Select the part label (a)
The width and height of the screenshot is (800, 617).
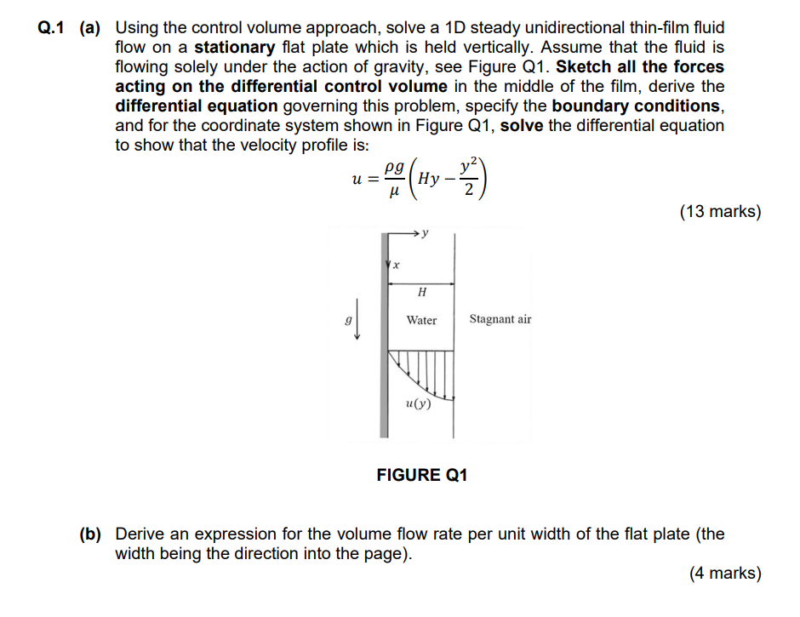[x=92, y=28]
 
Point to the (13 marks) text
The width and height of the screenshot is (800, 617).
[x=720, y=212]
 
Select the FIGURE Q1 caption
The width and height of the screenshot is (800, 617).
[x=422, y=475]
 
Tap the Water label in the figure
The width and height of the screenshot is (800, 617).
[x=421, y=320]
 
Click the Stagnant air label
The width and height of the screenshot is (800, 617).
[x=500, y=320]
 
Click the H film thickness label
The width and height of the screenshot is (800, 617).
[x=421, y=293]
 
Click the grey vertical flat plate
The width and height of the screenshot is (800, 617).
[x=383, y=340]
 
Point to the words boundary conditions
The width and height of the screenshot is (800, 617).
[x=635, y=106]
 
